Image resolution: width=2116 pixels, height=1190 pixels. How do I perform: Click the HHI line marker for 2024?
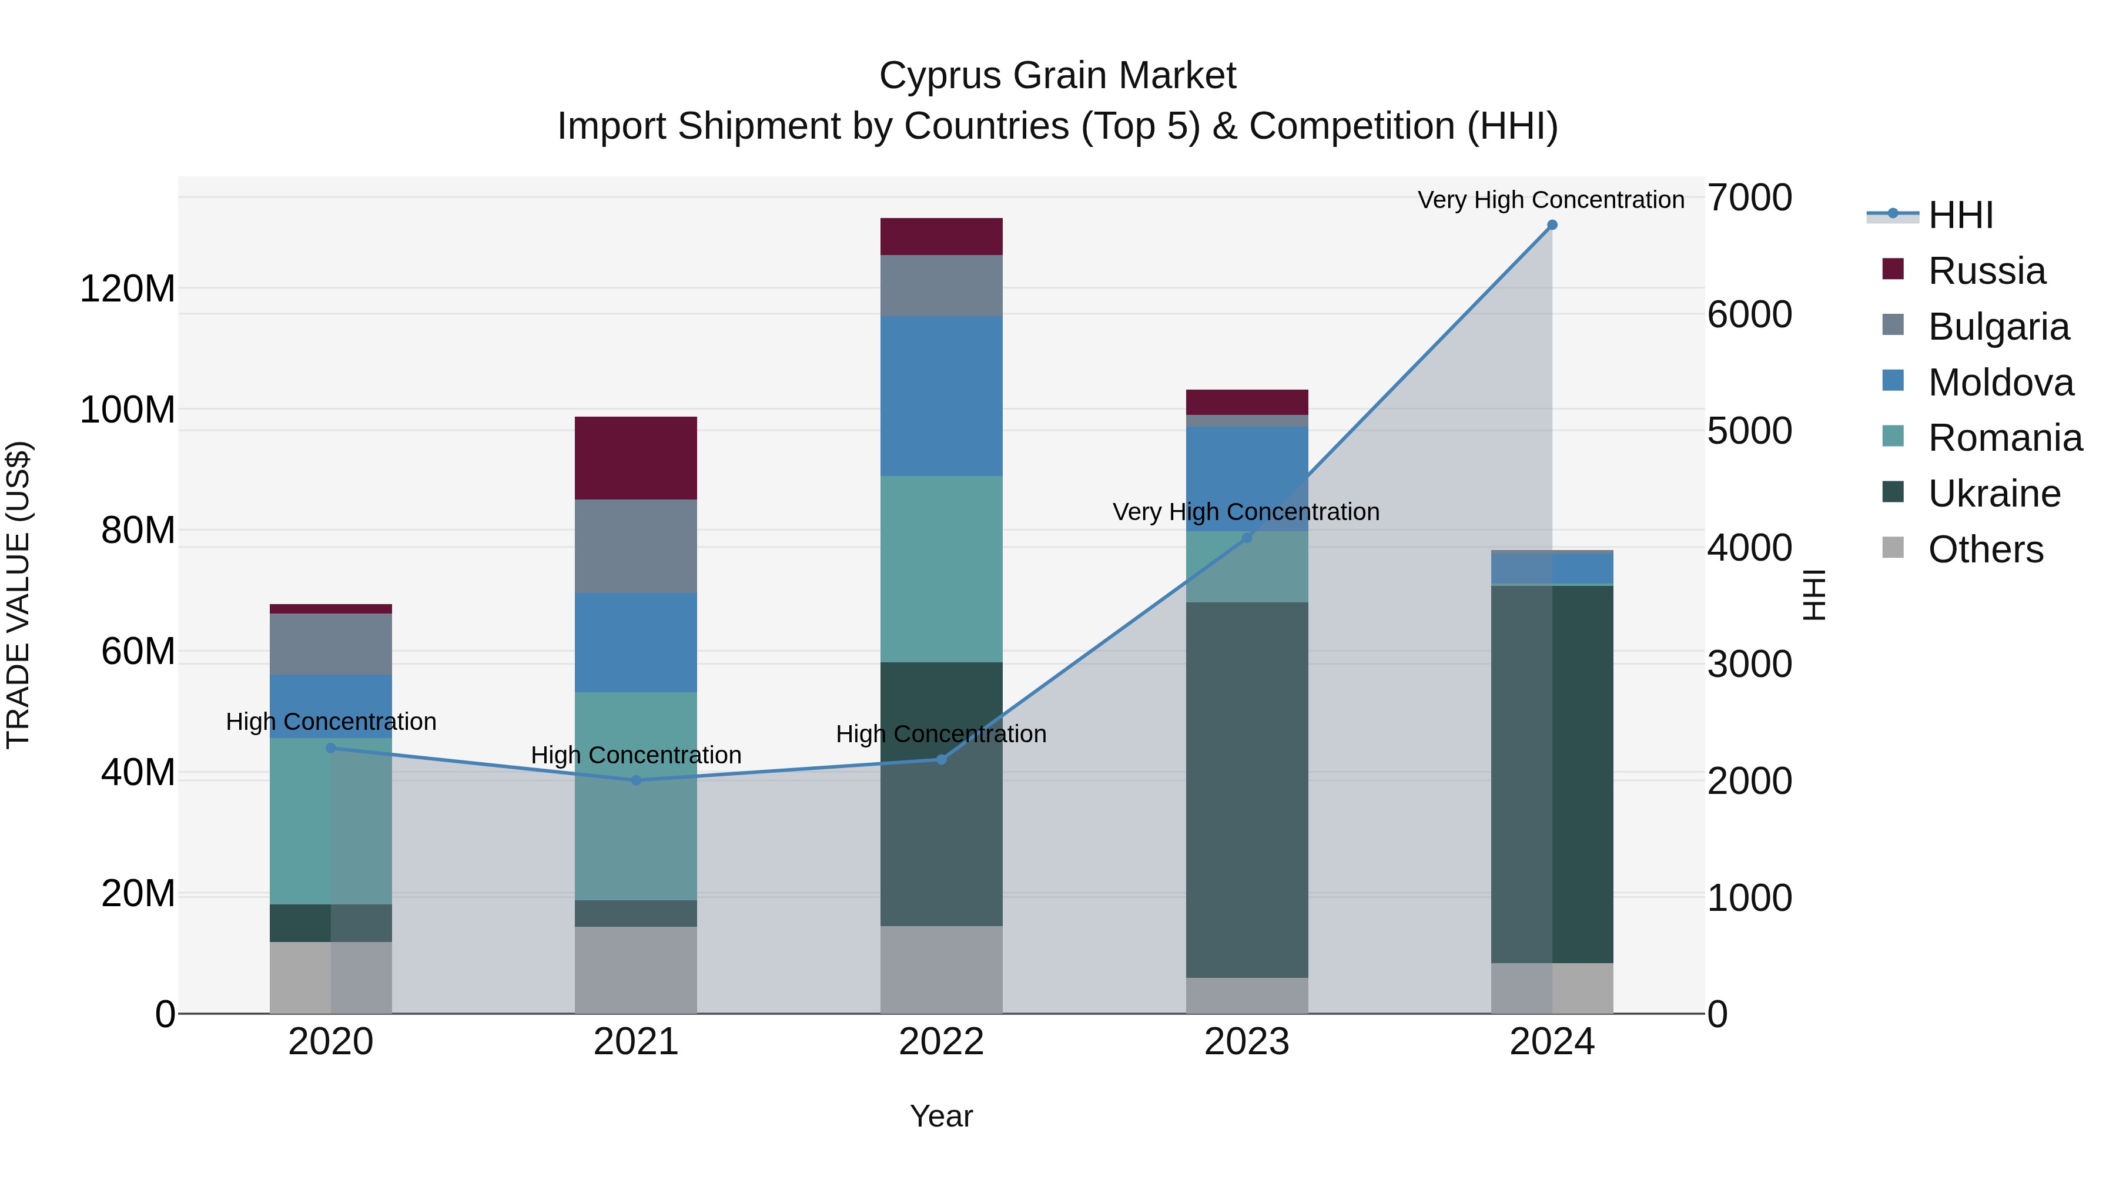click(x=1551, y=225)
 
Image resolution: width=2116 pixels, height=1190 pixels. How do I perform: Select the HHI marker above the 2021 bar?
click(x=636, y=780)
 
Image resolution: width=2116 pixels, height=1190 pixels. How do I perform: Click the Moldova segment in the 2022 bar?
click(x=942, y=396)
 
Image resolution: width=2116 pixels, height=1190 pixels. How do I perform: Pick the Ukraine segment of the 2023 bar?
click(x=1246, y=789)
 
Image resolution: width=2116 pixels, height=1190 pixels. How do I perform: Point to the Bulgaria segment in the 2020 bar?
click(x=331, y=644)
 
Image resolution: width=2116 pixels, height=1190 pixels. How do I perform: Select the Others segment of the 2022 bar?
click(x=942, y=969)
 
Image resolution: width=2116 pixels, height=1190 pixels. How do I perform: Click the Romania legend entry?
click(x=2004, y=438)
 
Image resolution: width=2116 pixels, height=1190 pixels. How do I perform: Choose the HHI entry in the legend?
click(x=1960, y=215)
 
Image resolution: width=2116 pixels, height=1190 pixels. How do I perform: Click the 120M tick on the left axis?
click(x=128, y=289)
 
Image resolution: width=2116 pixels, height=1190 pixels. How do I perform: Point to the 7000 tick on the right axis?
click(x=1750, y=198)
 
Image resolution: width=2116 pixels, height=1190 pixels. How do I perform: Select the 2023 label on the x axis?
click(x=1246, y=1042)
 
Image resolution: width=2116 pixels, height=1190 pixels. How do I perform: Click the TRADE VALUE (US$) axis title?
click(x=19, y=595)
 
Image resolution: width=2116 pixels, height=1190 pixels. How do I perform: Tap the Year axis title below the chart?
click(x=942, y=1116)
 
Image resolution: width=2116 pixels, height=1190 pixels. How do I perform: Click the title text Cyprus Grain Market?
click(x=1057, y=76)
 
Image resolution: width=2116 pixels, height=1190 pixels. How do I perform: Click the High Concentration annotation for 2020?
click(x=331, y=721)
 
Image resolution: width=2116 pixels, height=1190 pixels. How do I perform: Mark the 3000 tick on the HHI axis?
click(x=1750, y=665)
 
